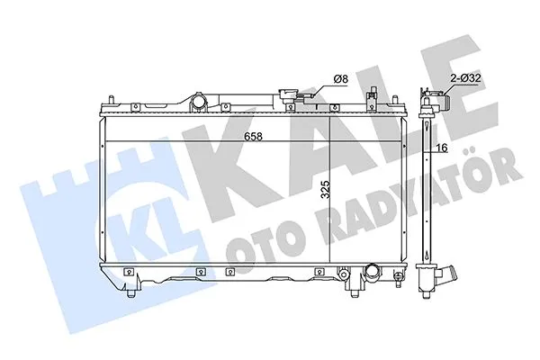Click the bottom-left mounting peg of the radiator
tap(133, 293)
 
